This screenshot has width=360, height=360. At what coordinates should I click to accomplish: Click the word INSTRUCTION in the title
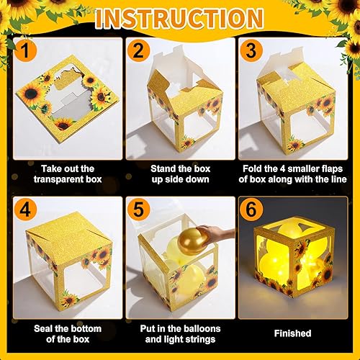(180, 17)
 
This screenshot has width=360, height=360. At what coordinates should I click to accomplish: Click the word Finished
(292, 333)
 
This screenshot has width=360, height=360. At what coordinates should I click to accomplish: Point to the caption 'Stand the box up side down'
(179, 174)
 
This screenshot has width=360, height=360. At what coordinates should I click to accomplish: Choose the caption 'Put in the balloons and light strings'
(179, 333)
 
